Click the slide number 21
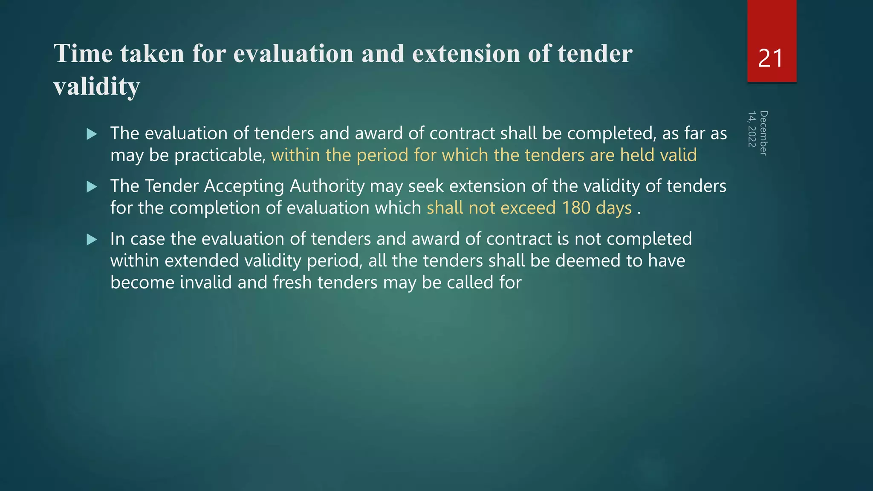[771, 58]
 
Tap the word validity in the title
[97, 87]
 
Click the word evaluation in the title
[293, 54]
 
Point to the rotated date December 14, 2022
[758, 133]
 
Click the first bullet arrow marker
[92, 135]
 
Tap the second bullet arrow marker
[92, 187]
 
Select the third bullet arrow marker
[92, 240]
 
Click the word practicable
[220, 156]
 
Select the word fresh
[292, 283]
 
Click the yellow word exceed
[528, 208]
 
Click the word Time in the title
[84, 54]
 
